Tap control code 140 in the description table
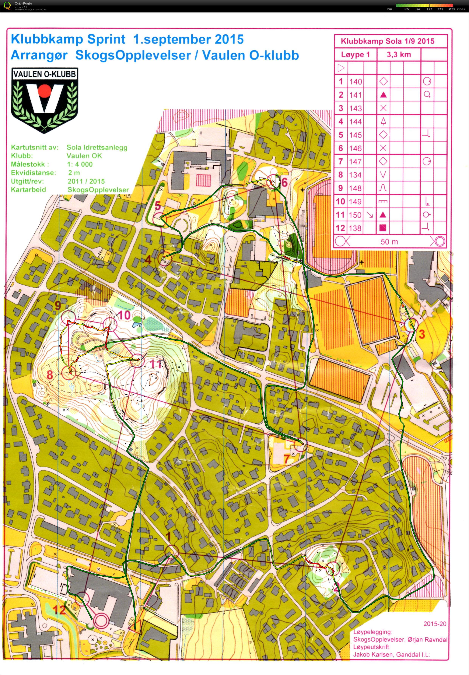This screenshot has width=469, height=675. (355, 82)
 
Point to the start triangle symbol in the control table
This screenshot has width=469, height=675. (341, 68)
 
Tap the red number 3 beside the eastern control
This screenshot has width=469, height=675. (422, 334)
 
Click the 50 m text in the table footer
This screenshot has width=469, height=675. (389, 241)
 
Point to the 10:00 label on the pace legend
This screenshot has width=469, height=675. (452, 9)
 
